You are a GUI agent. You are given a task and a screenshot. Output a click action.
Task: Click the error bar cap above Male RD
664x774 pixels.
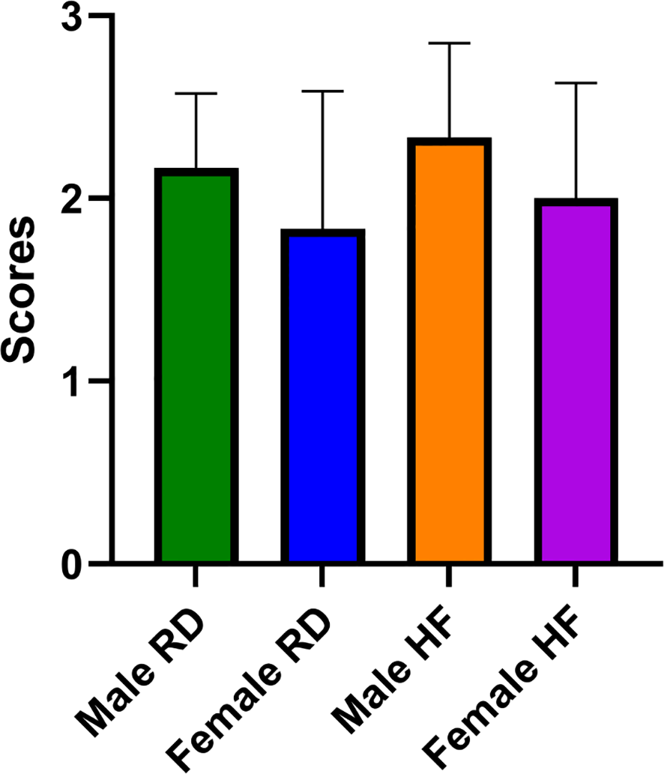tap(196, 94)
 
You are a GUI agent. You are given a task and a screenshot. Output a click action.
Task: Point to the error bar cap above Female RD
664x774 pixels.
tap(322, 91)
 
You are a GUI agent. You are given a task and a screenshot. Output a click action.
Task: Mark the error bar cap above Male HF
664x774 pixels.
tap(448, 43)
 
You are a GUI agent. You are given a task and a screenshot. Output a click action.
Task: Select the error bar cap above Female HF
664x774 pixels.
tap(575, 83)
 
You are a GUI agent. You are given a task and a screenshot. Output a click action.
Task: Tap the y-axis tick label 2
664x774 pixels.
tap(72, 199)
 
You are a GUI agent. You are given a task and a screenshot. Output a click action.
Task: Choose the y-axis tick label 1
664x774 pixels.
tap(73, 381)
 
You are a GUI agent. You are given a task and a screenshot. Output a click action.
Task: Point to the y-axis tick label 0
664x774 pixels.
tap(72, 563)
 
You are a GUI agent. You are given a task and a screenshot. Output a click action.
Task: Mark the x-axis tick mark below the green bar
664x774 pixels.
tap(196, 575)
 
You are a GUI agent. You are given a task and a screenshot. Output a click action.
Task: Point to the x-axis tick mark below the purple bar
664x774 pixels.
tap(575, 575)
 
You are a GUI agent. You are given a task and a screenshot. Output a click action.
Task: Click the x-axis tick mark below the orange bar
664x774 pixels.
tap(448, 575)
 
